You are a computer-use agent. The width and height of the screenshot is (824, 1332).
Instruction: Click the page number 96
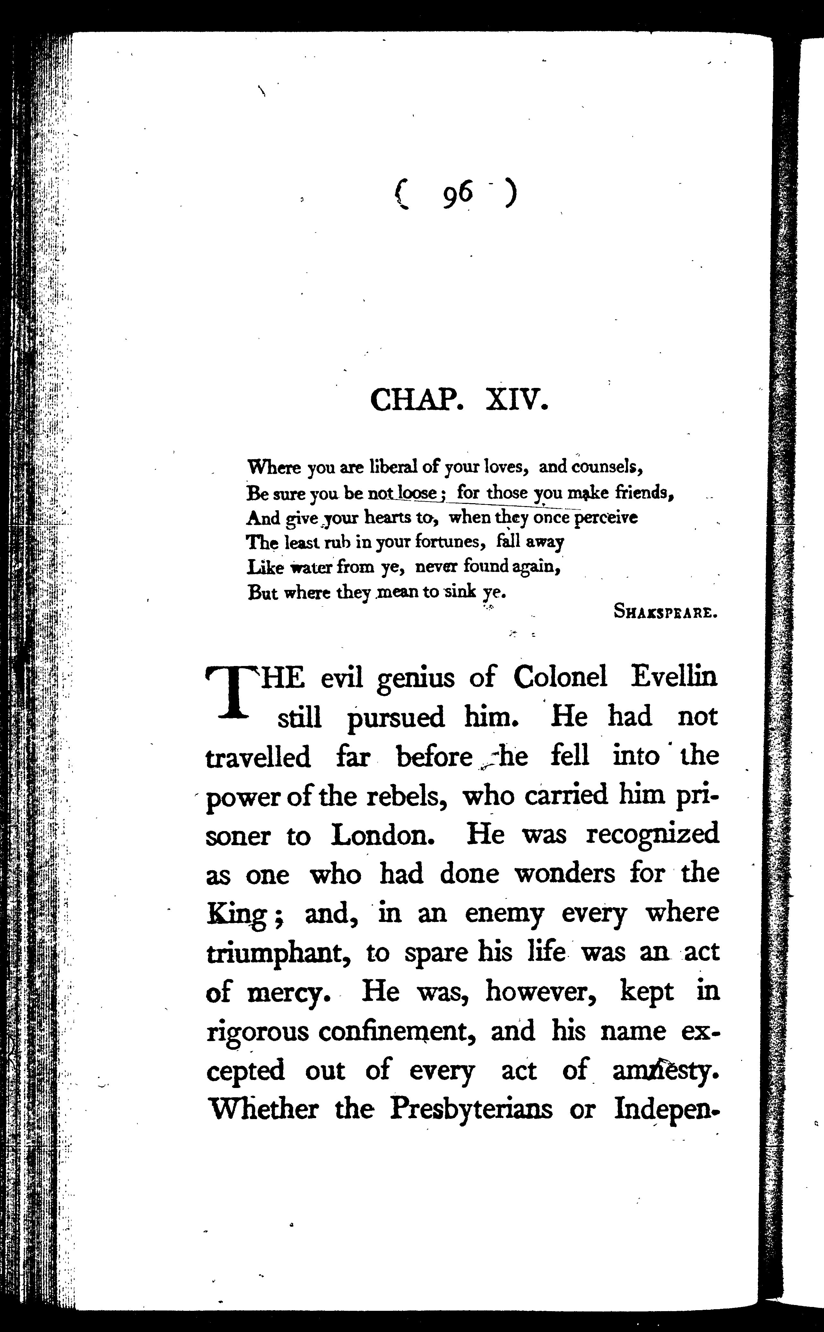[x=457, y=195]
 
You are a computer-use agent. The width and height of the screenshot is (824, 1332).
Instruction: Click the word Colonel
[x=560, y=678]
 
